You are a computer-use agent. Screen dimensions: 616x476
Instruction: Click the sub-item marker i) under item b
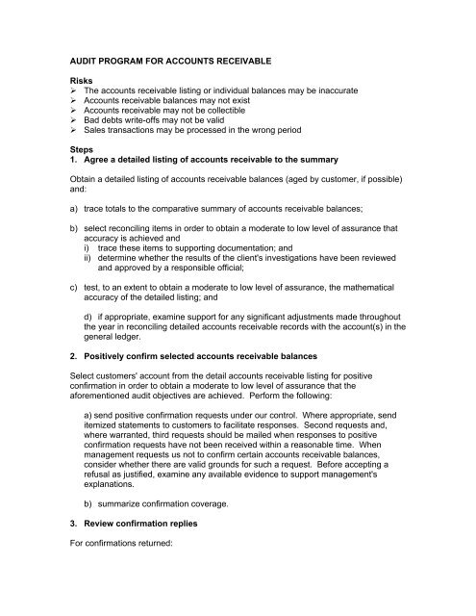pos(86,264)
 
